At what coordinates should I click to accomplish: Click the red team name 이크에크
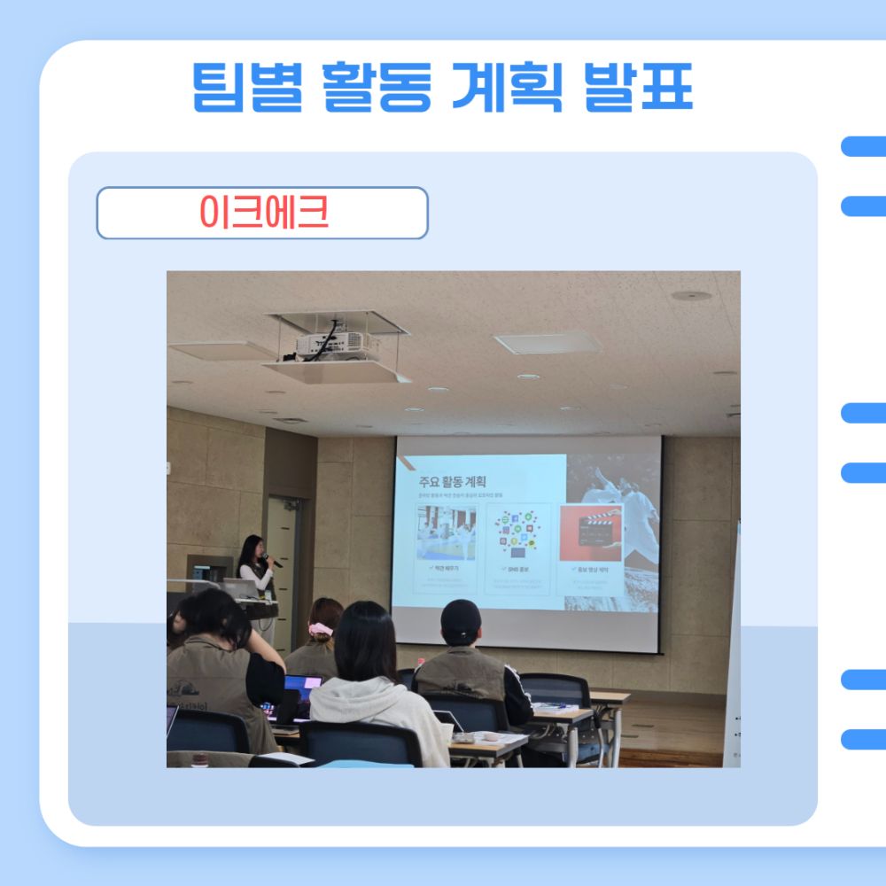(x=263, y=213)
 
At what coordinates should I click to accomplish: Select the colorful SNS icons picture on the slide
(x=518, y=533)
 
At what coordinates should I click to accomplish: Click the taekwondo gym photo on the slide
(x=447, y=533)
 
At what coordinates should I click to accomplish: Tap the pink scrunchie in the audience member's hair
(x=321, y=630)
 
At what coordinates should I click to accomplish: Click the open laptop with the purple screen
(x=302, y=687)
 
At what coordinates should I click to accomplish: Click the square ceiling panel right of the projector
(x=548, y=342)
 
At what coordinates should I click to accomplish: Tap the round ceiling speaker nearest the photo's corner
(x=691, y=295)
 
